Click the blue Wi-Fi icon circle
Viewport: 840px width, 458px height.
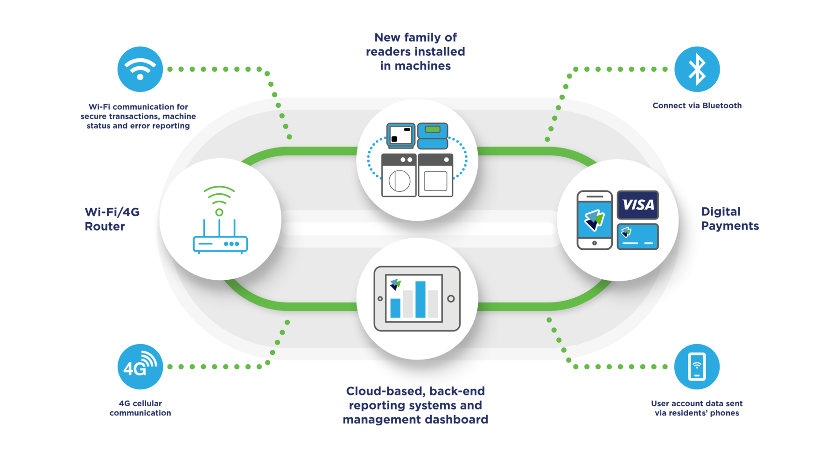[140, 69]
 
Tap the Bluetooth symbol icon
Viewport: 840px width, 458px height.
[697, 69]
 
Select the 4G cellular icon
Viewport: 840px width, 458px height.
[140, 367]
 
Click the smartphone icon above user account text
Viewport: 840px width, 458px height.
[697, 367]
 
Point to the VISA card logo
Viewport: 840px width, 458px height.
[637, 205]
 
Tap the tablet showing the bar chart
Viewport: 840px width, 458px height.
[417, 299]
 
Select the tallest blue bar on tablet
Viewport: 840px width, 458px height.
[420, 299]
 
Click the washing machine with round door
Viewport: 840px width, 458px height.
[399, 176]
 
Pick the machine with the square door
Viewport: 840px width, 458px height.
[435, 176]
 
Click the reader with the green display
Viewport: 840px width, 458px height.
[433, 135]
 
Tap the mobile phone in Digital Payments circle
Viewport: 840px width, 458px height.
[595, 220]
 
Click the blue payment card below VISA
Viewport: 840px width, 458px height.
[637, 237]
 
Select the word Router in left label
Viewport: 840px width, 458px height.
[105, 227]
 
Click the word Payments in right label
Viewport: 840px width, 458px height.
[730, 226]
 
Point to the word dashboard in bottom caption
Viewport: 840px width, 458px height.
[452, 420]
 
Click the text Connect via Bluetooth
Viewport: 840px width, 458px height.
[697, 106]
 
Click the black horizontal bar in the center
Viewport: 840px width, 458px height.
[419, 229]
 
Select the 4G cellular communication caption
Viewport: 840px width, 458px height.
[140, 408]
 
